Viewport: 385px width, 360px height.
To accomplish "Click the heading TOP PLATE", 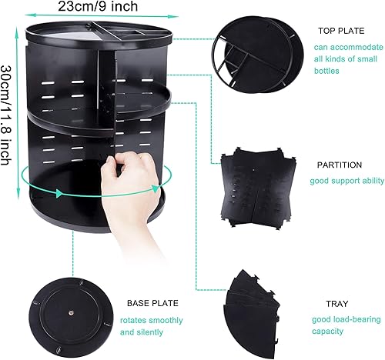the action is pos(341,31).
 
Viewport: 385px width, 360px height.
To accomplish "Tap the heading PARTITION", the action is pos(340,165).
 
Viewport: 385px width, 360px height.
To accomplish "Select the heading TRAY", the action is pos(337,304).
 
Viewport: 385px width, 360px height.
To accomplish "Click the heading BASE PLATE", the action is pos(152,303).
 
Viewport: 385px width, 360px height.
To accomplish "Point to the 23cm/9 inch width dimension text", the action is pos(98,6).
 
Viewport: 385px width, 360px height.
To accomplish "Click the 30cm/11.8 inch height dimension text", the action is pos(6,115).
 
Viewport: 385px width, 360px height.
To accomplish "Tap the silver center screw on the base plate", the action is pos(71,312).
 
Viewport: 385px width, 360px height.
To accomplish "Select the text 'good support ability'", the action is pos(346,181).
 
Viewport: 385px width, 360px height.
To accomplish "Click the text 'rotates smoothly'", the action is pos(152,320).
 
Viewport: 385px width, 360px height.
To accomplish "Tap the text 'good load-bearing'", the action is pos(346,319).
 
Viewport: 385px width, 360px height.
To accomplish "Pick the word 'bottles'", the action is pos(326,71).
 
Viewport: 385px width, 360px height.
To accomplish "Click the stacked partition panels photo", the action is pos(259,188).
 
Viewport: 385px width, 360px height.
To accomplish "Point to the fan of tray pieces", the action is pos(252,314).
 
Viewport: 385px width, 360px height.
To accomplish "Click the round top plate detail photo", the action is pos(258,55).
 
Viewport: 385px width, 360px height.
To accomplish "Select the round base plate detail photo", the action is pos(71,317).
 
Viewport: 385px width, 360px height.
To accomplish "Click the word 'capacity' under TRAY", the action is pos(327,331).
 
